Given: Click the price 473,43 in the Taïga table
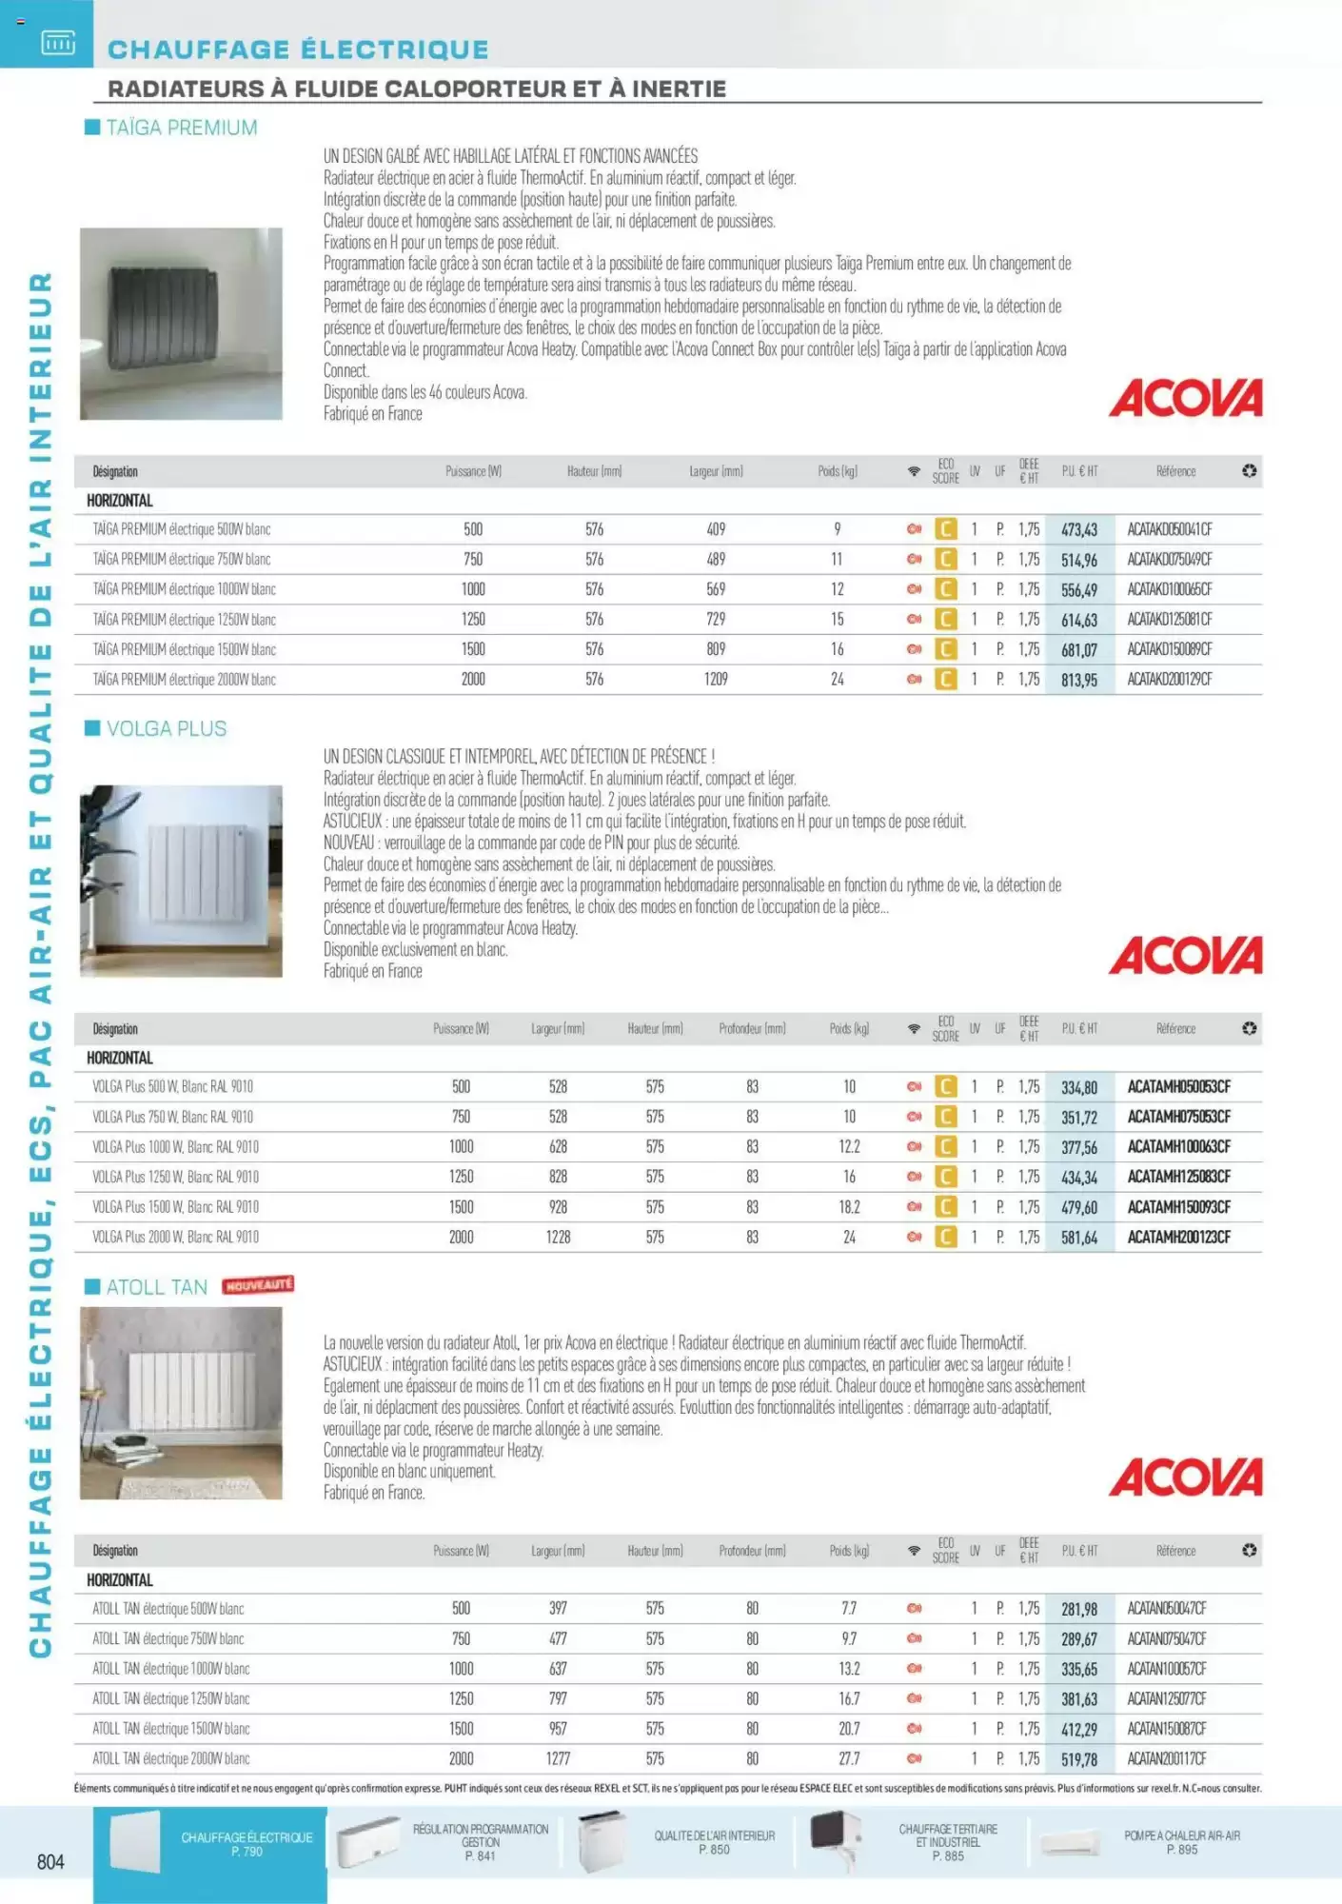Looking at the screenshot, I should pos(1079,529).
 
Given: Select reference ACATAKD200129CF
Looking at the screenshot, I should pos(1170,680).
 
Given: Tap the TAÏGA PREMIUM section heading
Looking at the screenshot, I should pos(181,128).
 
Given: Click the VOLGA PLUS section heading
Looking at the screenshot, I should pos(167,729).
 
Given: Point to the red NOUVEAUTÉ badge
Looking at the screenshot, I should pos(258,1285).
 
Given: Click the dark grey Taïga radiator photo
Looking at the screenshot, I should pos(181,324).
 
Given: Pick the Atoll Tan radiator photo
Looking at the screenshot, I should pos(181,1403).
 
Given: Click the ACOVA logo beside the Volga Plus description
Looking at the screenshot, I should pos(1186,956).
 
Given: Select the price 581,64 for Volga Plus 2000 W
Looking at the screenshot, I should pos(1079,1238).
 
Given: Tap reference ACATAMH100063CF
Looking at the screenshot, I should pos(1178,1147).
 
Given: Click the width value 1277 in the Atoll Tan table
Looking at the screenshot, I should pos(558,1759).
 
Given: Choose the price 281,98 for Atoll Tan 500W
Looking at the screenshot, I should pos(1079,1609).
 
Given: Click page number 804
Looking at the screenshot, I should pos(50,1862).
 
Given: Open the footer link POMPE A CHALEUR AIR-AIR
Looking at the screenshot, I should pos(1181,1842).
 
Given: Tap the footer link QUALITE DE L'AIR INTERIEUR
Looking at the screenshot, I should pos(714,1842).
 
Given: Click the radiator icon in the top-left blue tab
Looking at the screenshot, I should pos(58,43).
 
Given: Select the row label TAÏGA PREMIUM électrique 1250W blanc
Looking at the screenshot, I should pos(184,620).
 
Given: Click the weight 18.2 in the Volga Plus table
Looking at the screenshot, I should pos(849,1207).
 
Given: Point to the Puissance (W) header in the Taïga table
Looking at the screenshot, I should pos(473,471).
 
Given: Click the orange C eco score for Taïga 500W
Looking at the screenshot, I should pos(945,529).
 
